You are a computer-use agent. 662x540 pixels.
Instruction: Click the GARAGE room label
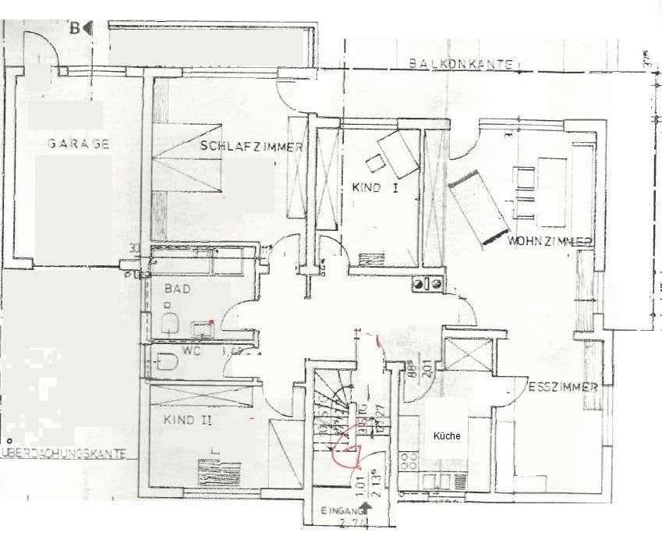point(77,144)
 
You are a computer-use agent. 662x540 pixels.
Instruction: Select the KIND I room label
point(375,187)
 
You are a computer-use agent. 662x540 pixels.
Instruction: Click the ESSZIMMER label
point(562,386)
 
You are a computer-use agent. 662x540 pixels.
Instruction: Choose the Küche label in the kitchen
point(447,436)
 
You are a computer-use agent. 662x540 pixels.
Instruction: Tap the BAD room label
point(174,287)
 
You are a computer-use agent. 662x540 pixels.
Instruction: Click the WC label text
point(192,351)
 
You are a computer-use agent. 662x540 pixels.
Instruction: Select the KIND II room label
point(188,420)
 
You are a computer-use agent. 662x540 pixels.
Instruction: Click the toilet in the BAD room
point(168,322)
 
